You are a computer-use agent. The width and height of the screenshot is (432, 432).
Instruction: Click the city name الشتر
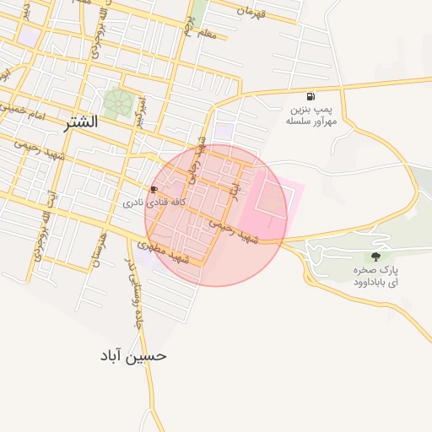(x=80, y=121)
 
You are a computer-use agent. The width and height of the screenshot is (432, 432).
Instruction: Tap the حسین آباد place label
(x=133, y=355)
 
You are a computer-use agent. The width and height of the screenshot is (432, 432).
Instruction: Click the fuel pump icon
(x=311, y=96)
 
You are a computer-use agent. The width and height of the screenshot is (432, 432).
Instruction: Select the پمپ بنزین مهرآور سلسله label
(x=311, y=115)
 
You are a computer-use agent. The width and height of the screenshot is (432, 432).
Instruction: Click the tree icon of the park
(x=375, y=256)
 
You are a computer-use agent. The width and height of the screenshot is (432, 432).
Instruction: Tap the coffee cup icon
(x=154, y=189)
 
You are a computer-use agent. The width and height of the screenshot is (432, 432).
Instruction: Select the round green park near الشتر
(x=117, y=103)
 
